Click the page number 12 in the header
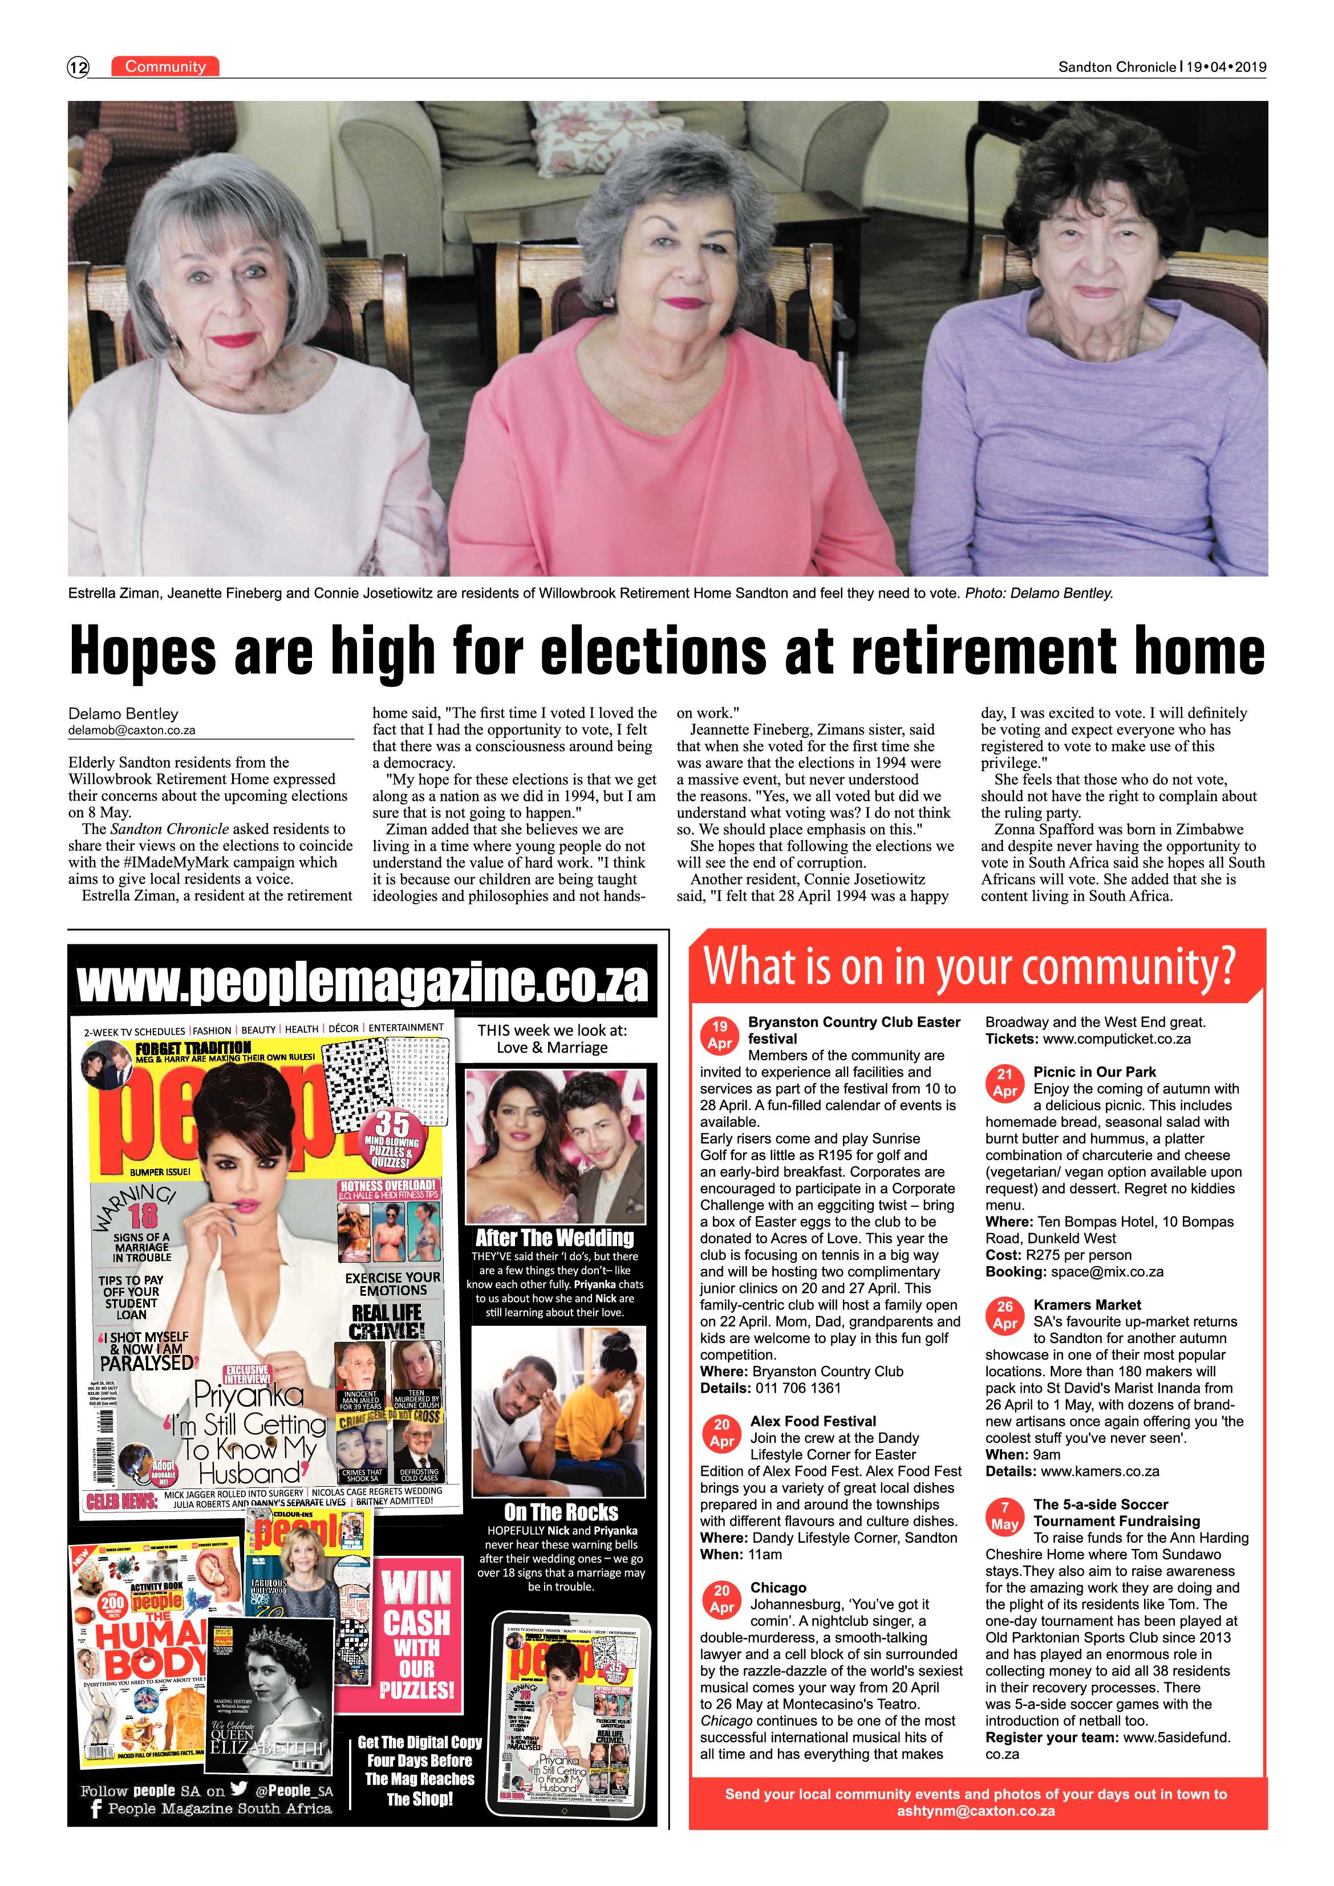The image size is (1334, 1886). click(78, 67)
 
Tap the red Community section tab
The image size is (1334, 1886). click(165, 67)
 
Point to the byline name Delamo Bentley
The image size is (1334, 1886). click(123, 714)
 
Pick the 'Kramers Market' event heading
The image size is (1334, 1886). click(1086, 1304)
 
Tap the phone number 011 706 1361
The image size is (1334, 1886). click(797, 1388)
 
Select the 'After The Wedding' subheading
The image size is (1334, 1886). click(554, 1238)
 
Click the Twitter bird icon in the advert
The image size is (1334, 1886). click(239, 1789)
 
